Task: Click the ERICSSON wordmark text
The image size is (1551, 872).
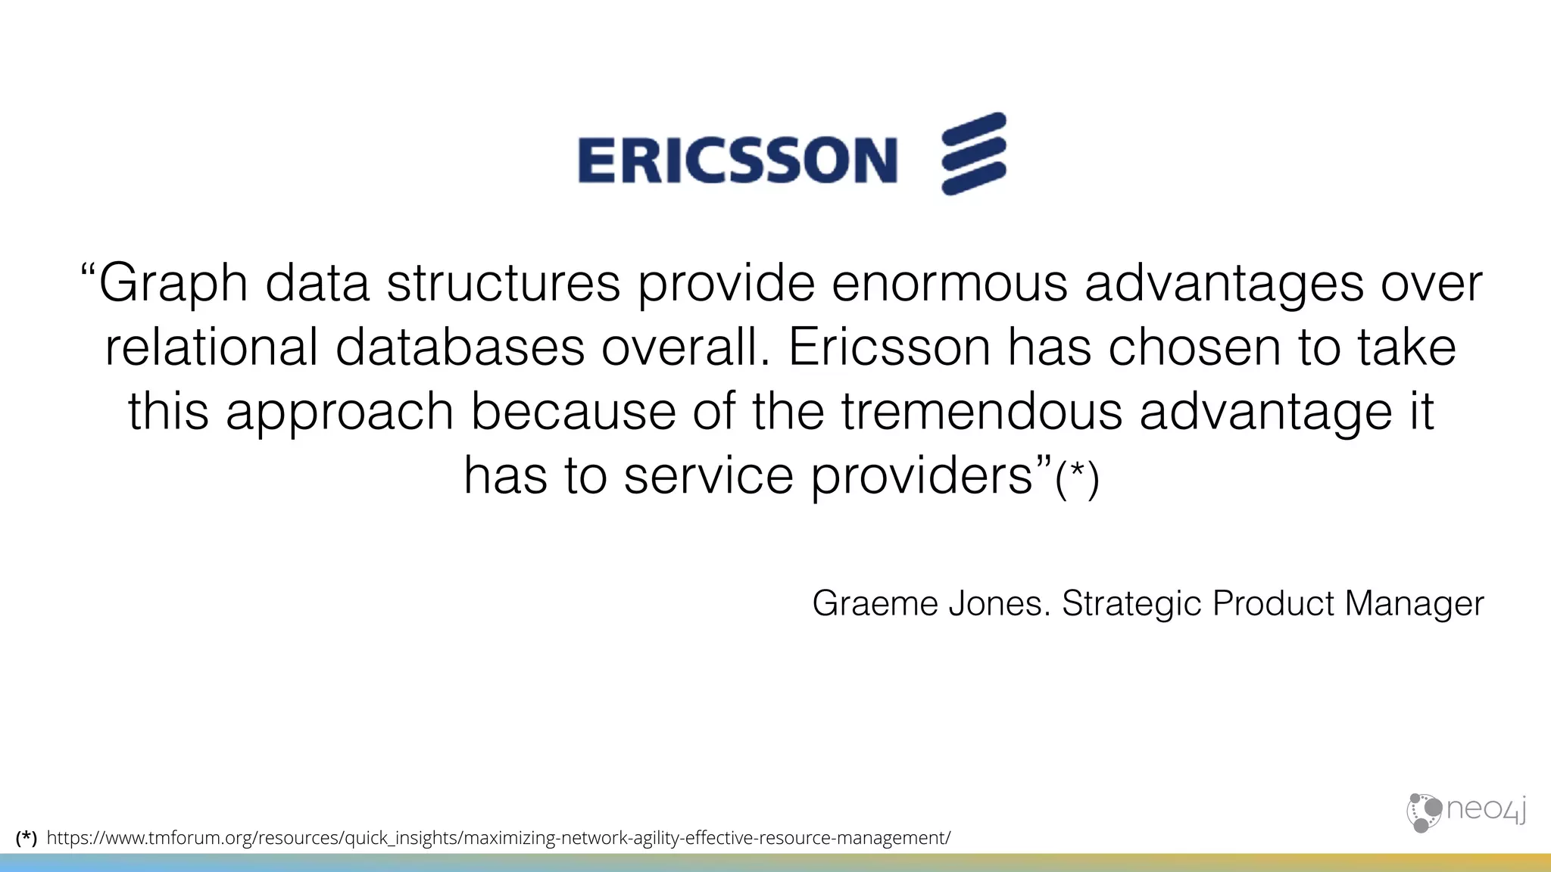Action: (737, 160)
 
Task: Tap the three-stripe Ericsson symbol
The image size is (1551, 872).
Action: (974, 154)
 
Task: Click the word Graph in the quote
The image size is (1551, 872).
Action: (173, 284)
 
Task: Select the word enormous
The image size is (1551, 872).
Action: (949, 284)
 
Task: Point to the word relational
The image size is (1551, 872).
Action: (211, 347)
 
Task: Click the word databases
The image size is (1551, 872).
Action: (460, 347)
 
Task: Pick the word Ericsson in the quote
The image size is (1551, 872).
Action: (889, 347)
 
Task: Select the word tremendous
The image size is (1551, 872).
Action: (981, 412)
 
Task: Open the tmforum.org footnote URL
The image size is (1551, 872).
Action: (498, 838)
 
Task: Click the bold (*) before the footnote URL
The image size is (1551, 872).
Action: (26, 838)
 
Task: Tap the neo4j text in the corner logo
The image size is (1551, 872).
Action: (1486, 809)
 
